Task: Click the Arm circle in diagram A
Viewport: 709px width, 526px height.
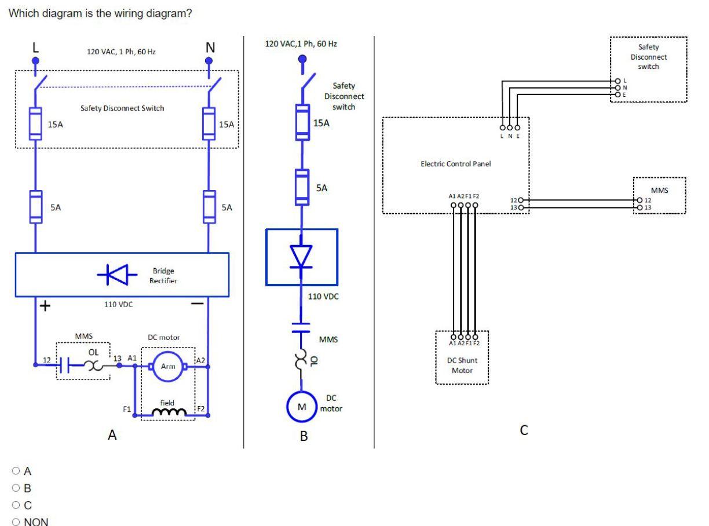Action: (168, 366)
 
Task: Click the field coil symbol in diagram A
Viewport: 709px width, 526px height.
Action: (168, 412)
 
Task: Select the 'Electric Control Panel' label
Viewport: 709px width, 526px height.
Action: (455, 164)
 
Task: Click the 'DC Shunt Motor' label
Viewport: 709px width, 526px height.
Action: (462, 365)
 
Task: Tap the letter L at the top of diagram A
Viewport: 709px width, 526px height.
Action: (35, 46)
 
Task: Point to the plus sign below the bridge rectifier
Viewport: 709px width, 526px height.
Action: (43, 306)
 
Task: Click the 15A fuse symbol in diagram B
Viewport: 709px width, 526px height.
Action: (301, 122)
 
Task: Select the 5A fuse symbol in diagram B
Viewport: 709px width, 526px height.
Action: (301, 187)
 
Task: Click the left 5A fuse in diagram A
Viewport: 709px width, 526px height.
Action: (35, 206)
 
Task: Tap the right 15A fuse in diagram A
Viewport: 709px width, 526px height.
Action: (209, 124)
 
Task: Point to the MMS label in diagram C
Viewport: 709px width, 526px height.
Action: (659, 189)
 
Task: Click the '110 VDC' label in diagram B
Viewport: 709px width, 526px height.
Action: (323, 296)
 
